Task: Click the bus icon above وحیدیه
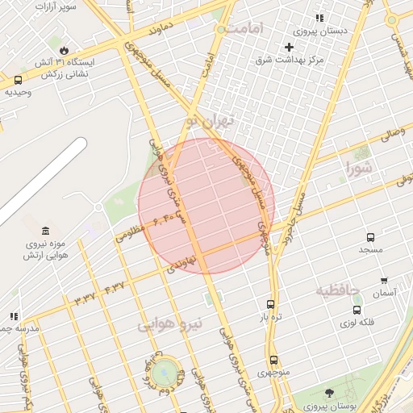tap(18, 80)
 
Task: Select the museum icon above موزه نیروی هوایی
tap(44, 232)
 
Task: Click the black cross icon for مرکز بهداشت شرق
tap(289, 48)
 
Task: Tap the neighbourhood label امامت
tap(245, 28)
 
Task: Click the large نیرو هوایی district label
tap(169, 325)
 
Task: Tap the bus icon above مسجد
tap(370, 238)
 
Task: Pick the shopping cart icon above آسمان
tap(384, 281)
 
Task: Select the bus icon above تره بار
tap(269, 305)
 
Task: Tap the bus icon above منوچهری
tap(273, 360)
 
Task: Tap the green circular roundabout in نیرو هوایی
tap(165, 372)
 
